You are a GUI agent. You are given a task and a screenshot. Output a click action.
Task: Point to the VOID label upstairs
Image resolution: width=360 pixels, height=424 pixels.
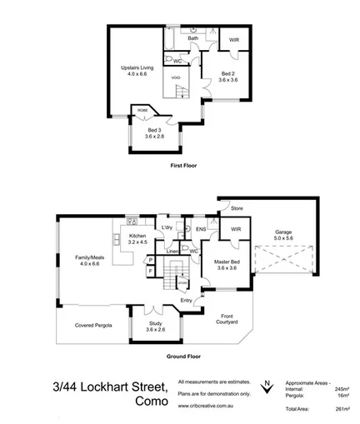[x=176, y=77]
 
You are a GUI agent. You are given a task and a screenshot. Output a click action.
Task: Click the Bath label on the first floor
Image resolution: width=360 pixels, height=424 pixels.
[x=192, y=38]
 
